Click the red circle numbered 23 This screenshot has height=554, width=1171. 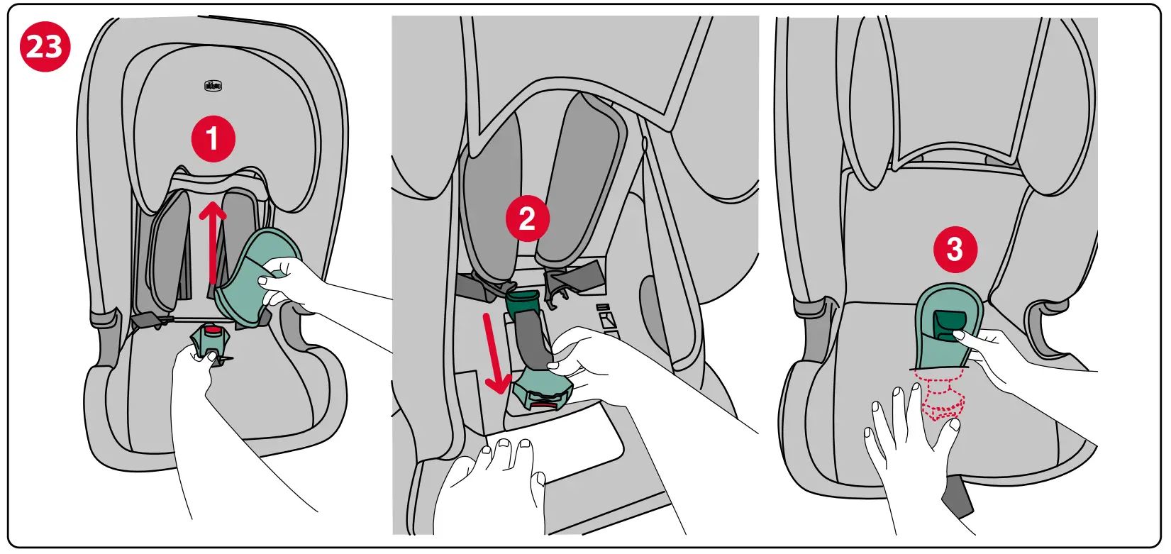(45, 48)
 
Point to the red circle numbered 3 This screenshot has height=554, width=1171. (955, 249)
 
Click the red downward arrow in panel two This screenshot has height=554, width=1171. (496, 355)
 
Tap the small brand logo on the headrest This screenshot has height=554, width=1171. (213, 86)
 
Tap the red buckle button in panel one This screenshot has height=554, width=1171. (213, 330)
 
